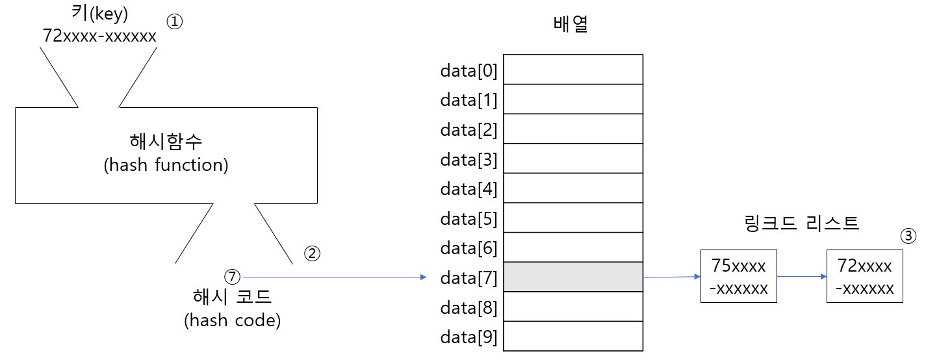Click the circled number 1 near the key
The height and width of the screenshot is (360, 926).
pyautogui.click(x=175, y=21)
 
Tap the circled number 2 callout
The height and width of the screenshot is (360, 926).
pyautogui.click(x=313, y=253)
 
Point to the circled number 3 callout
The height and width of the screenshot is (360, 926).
pyautogui.click(x=908, y=236)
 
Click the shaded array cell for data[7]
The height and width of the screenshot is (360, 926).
pyautogui.click(x=573, y=277)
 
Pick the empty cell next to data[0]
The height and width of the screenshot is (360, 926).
pyautogui.click(x=573, y=70)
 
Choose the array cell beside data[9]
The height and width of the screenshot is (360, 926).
pyautogui.click(x=573, y=337)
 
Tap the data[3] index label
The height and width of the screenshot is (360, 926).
pyautogui.click(x=469, y=159)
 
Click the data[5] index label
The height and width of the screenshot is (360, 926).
pyautogui.click(x=469, y=218)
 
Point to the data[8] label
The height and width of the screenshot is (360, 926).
pyautogui.click(x=469, y=307)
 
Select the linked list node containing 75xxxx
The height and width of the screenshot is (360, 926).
pyautogui.click(x=738, y=276)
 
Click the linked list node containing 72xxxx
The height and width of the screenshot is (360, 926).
pyautogui.click(x=864, y=276)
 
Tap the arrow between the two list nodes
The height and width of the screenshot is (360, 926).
pyautogui.click(x=801, y=276)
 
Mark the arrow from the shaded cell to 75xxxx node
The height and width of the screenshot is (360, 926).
pyautogui.click(x=671, y=277)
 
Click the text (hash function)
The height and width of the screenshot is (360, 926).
pyautogui.click(x=166, y=165)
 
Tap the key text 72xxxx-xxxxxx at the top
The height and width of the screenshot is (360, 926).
pyautogui.click(x=99, y=36)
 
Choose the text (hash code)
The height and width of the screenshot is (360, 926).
pyautogui.click(x=232, y=320)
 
